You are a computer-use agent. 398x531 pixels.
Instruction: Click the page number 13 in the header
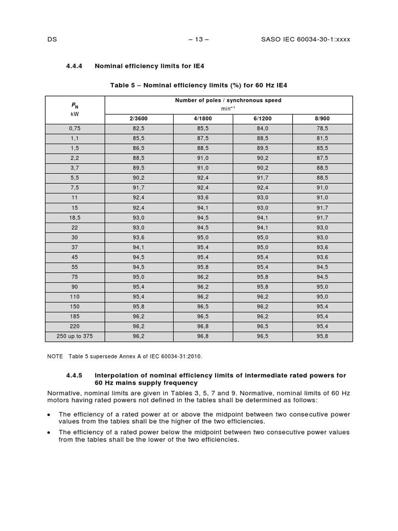tap(198, 40)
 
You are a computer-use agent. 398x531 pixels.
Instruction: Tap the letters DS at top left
tap(51, 40)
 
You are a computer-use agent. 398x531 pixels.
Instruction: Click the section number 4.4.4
tap(75, 66)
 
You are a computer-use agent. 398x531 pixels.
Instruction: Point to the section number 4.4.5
tap(75, 375)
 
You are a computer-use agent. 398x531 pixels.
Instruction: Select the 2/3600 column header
tap(137, 119)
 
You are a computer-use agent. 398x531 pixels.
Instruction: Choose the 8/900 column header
tap(322, 119)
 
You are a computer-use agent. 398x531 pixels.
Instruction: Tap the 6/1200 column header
tap(263, 119)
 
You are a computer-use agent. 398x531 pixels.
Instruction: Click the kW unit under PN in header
tap(75, 113)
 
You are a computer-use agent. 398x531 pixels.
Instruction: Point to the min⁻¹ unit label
tap(229, 108)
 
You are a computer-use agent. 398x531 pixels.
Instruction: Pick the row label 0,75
tap(75, 129)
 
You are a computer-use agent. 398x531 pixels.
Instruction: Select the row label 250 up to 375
tap(75, 337)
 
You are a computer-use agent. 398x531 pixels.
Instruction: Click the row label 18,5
tap(75, 218)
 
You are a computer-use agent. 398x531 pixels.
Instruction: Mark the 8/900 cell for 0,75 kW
tap(322, 129)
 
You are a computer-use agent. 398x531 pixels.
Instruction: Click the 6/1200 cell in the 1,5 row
tap(263, 148)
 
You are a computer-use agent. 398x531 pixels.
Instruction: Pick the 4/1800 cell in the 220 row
tap(203, 327)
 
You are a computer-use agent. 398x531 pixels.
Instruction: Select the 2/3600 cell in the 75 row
tap(137, 277)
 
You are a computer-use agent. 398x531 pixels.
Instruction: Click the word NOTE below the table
tap(54, 357)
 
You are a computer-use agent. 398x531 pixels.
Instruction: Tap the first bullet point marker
tap(49, 414)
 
